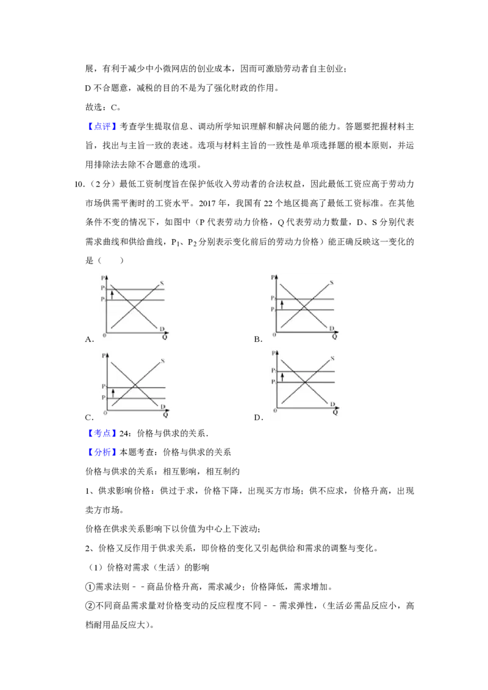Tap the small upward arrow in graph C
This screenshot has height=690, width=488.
pos(113,393)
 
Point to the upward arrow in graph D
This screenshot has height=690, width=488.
pos(282,377)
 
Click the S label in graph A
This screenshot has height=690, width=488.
pos(162,283)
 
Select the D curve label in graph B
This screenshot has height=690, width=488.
pos(332,329)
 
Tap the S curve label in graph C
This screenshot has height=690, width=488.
pos(162,361)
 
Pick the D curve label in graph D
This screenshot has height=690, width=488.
pos(332,404)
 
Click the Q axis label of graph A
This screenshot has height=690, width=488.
pos(165,337)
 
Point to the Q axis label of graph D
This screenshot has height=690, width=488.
pos(335,412)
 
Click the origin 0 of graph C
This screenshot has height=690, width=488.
pos(106,413)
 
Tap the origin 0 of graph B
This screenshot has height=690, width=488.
pos(274,335)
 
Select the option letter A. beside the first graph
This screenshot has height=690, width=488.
pos(90,340)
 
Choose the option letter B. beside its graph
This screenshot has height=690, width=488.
pos(258,340)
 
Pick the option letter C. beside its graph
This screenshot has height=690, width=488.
pos(90,417)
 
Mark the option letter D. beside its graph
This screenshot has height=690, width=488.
pos(259,417)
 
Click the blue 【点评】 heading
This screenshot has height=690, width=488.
pos(102,126)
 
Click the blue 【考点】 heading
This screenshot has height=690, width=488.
pos(102,433)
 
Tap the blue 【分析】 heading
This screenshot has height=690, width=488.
pos(102,452)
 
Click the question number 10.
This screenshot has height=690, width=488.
pos(79,184)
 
